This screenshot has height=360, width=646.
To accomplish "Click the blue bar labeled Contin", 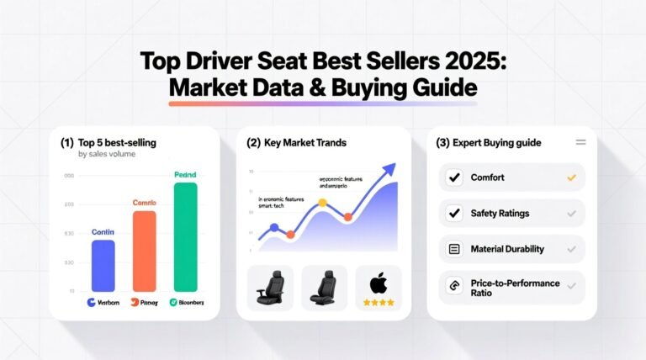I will coord(103,266).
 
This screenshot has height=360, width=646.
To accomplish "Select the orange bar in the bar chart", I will coord(145,251).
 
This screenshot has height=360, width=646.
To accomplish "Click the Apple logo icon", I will coord(378,282).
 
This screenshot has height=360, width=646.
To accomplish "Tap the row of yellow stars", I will coord(378,301).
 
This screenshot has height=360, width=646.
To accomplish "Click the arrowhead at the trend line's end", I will coord(389,167).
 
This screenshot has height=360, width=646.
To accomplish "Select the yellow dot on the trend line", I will coord(322,203).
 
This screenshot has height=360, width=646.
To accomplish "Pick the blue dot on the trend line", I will coord(274,228).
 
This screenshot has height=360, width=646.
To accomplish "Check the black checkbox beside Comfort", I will coord(454,177).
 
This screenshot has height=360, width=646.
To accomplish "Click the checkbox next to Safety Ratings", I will coord(454,214).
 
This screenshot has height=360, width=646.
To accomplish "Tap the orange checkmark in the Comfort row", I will coord(571,177).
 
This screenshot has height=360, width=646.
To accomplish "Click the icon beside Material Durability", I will coord(454,249).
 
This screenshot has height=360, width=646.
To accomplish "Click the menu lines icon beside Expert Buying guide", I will coord(580,143).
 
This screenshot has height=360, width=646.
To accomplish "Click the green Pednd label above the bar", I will coord(184,174).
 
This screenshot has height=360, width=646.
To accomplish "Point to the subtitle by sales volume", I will coord(106,155).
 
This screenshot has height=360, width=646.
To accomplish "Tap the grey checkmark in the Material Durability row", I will coord(571,249).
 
